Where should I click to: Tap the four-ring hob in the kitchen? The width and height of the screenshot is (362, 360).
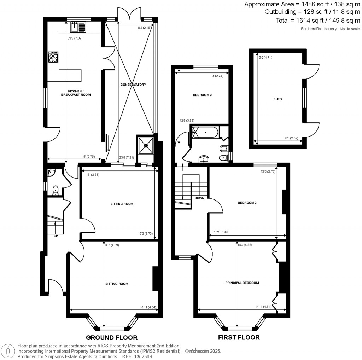pyautogui.click(x=53, y=57)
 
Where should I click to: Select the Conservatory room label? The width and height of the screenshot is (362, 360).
pyautogui.click(x=133, y=85)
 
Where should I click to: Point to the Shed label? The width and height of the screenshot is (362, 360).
pyautogui.click(x=278, y=99)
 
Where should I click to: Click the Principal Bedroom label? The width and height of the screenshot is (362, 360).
pyautogui.click(x=242, y=283)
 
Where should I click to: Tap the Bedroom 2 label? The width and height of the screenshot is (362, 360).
pyautogui.click(x=247, y=203)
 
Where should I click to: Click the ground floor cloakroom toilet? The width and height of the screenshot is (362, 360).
pyautogui.click(x=55, y=191)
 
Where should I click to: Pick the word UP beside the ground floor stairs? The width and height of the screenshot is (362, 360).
pyautogui.click(x=56, y=236)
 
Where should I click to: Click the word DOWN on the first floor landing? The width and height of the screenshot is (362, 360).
pyautogui.click(x=199, y=198)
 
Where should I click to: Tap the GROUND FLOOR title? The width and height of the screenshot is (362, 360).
pyautogui.click(x=112, y=338)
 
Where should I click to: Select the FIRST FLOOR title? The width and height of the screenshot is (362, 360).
pyautogui.click(x=239, y=338)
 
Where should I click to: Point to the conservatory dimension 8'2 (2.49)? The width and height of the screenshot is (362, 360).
pyautogui.click(x=144, y=27)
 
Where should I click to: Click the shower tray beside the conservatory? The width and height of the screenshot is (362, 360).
pyautogui.click(x=145, y=145)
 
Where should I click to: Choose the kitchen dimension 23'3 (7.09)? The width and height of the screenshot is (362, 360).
pyautogui.click(x=75, y=38)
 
